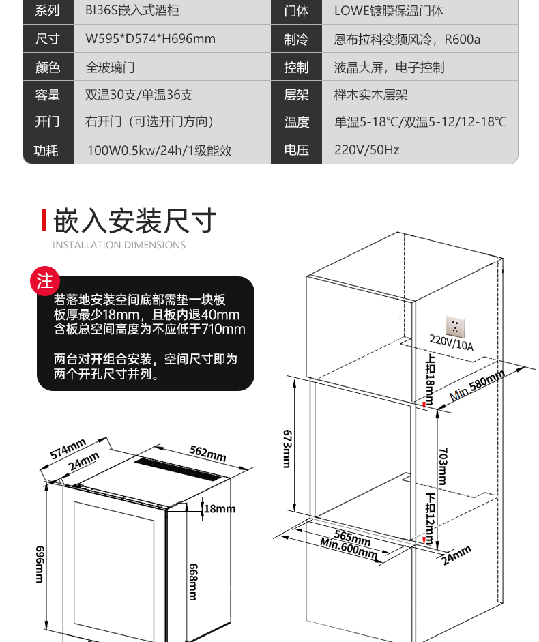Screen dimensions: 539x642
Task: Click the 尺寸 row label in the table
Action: pos(48,39)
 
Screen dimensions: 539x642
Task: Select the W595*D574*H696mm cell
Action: pos(150,39)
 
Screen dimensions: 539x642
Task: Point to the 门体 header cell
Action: pos(296,11)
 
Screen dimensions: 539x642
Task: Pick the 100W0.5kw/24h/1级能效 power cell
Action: pos(159,150)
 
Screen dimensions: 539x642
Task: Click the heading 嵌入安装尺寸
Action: pos(135,221)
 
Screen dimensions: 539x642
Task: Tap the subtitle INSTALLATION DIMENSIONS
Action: pos(119,245)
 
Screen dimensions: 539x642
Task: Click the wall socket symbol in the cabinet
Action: pos(456,326)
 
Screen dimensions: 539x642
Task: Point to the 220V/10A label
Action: pos(451,344)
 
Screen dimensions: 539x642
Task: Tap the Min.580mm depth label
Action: pos(477,386)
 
